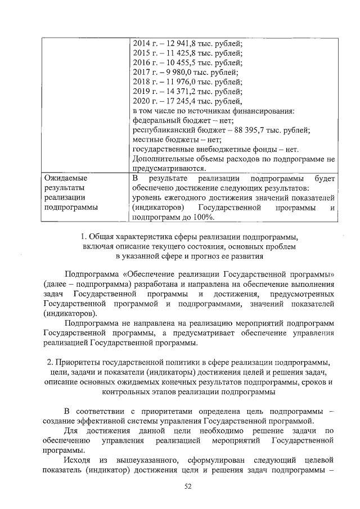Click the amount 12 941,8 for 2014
click(x=176, y=43)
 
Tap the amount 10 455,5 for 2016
click(x=176, y=62)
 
